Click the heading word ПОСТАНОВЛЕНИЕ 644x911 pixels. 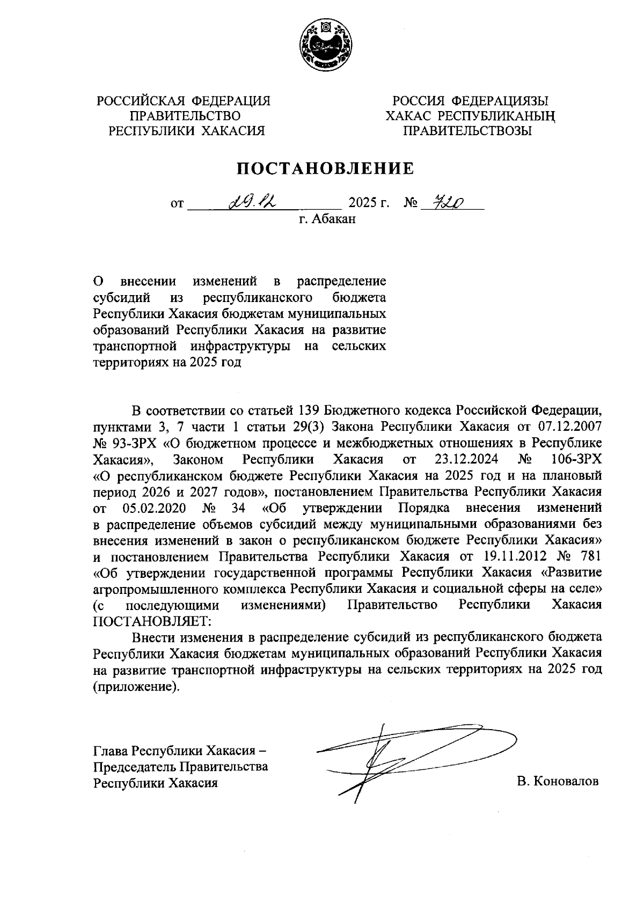(326, 168)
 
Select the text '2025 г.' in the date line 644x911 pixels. (369, 203)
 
